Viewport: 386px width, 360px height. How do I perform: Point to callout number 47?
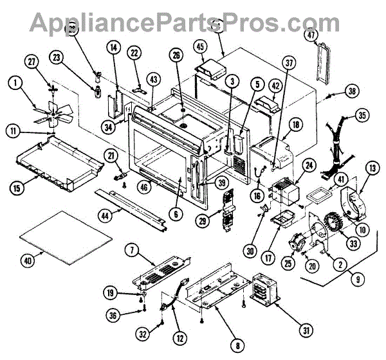pos(311,36)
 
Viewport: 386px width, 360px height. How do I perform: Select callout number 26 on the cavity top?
pos(176,73)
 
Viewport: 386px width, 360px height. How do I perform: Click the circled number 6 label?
pos(178,213)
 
